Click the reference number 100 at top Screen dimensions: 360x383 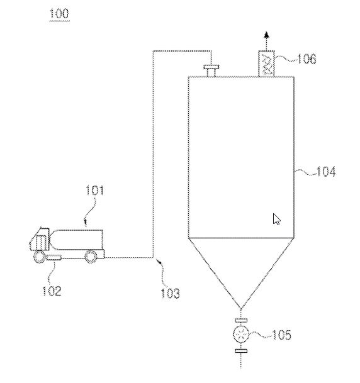59,13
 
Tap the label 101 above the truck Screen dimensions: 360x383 94,191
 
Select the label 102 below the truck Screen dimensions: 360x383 52,291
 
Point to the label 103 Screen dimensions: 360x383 171,293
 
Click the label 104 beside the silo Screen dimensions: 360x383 326,172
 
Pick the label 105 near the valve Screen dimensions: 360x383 281,335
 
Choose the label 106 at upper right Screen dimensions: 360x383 307,59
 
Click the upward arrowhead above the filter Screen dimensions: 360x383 267,35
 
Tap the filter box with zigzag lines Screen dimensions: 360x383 267,64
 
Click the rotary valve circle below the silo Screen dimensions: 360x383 241,335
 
